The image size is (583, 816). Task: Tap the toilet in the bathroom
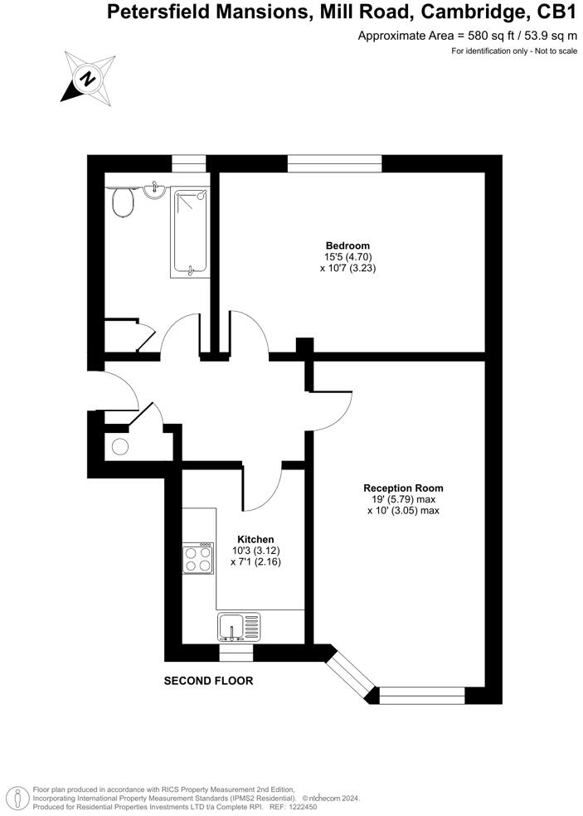coord(123,202)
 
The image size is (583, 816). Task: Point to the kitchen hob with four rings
coord(199,558)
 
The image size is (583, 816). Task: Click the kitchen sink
coord(239,627)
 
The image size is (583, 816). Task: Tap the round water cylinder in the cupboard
coord(120,447)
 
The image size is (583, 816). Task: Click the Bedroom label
coord(347,245)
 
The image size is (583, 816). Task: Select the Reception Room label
coord(403,488)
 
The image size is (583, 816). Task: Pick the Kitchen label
coord(255,539)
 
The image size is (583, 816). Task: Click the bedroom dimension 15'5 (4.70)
coord(347,257)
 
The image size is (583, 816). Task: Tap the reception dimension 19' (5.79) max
coord(403,499)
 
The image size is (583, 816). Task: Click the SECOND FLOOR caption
coord(208,681)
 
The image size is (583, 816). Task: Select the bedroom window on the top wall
coord(334,164)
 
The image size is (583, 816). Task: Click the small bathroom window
coord(189,164)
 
